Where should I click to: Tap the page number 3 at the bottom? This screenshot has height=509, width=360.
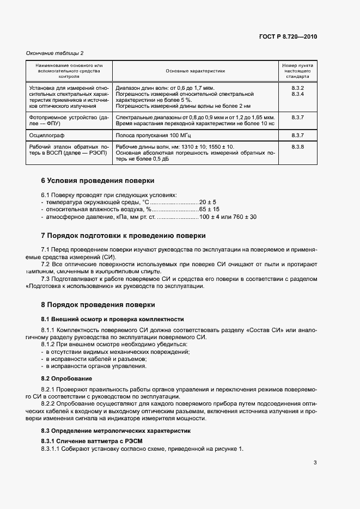[x=315, y=463]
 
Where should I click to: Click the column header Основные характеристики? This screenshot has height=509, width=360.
[x=196, y=71]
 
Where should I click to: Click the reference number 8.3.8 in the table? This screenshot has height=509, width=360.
[x=297, y=147]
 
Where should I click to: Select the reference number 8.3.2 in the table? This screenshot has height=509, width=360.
[x=297, y=88]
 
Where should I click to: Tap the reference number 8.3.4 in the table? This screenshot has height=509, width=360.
[x=297, y=94]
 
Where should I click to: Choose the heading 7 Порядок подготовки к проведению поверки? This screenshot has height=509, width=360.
[x=124, y=236]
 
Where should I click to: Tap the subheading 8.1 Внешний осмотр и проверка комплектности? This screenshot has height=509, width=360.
[x=113, y=319]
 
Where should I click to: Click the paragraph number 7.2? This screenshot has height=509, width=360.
[x=46, y=264]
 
